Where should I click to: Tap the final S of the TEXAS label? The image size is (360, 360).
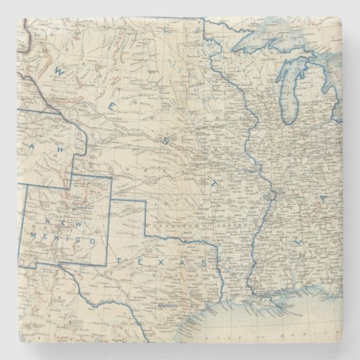click(203, 261)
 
